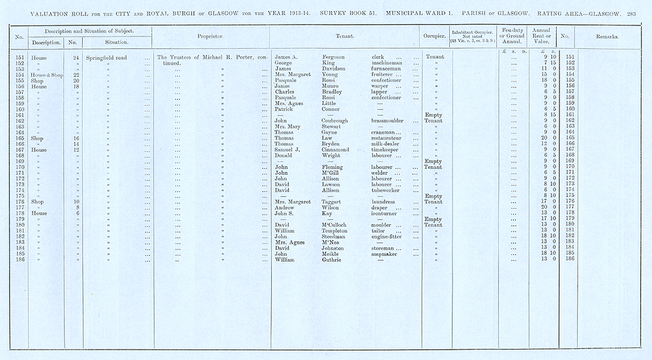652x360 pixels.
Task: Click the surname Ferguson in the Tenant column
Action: [334, 57]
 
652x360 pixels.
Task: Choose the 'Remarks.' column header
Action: [607, 37]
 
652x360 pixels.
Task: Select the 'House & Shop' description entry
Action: [40, 75]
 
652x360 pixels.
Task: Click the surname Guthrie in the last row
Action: [333, 259]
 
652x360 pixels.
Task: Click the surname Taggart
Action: [334, 202]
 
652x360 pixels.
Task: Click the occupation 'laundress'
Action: [379, 202]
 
